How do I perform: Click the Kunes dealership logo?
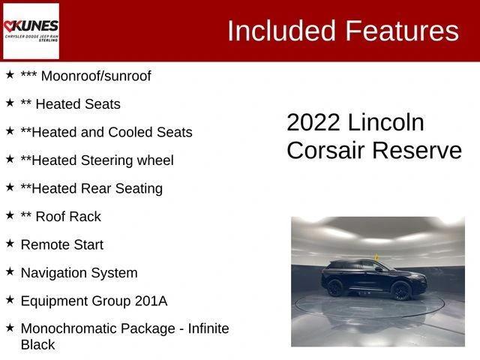tap(31, 31)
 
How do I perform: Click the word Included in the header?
tap(282, 31)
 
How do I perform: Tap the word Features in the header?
tap(402, 31)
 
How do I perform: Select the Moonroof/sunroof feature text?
tap(96, 76)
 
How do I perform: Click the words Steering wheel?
tap(127, 160)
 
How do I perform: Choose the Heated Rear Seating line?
tap(91, 188)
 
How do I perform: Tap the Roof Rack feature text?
tap(68, 217)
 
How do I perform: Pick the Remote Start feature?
tap(62, 245)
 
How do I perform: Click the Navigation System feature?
tap(79, 273)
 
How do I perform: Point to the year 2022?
tap(313, 122)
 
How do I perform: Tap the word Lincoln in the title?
tap(386, 122)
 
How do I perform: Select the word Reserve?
tap(417, 150)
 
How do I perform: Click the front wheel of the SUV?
tap(401, 291)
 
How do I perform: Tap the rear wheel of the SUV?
tap(335, 288)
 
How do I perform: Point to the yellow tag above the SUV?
tap(376, 257)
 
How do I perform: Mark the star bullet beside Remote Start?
tap(10, 244)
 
